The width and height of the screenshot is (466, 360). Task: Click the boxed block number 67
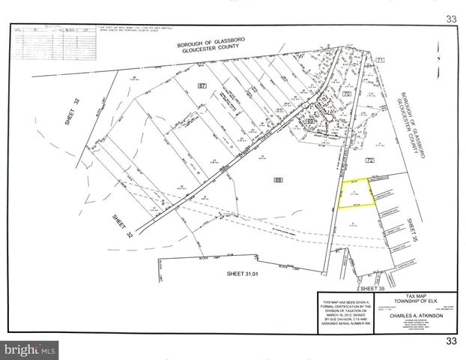202,87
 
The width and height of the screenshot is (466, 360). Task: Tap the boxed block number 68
279,180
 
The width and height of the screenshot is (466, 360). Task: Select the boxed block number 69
309,120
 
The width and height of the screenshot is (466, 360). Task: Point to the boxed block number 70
346,94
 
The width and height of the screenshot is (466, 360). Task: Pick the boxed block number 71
380,59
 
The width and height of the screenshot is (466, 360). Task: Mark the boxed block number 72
369,161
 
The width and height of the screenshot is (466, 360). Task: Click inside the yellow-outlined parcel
355,193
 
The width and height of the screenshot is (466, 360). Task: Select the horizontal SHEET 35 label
374,287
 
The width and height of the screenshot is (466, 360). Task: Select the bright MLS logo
30,349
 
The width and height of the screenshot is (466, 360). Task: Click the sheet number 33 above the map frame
450,18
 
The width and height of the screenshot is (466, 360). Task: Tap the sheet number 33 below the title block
450,342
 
